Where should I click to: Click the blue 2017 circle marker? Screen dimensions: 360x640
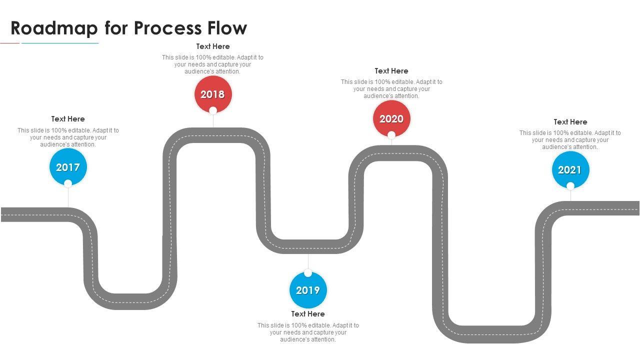pos(68,167)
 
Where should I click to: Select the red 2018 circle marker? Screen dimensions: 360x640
pos(213,94)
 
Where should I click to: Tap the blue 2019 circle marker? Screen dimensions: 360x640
pos(308,290)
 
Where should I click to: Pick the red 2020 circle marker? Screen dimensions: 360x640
pos(391,118)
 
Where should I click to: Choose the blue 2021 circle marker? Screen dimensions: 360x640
pos(570,170)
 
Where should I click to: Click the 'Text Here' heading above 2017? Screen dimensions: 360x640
pos(68,119)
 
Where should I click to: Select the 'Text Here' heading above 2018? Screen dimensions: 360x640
pos(213,46)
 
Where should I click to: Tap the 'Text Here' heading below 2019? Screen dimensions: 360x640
pos(308,314)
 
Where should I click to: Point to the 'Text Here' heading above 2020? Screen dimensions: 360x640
pos(391,71)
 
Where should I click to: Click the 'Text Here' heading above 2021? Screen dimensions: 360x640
pos(570,122)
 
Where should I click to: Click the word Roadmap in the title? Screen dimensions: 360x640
pos(54,28)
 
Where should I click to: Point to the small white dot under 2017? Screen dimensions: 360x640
pos(68,183)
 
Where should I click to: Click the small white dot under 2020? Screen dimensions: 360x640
pos(391,134)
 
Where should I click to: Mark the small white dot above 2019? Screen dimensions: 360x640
pos(308,273)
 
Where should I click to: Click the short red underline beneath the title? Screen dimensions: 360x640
pos(9,43)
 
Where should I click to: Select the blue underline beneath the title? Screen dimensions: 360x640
pos(60,43)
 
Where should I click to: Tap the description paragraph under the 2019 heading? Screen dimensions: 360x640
pos(308,332)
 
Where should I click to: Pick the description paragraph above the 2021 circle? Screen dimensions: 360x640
pos(570,140)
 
